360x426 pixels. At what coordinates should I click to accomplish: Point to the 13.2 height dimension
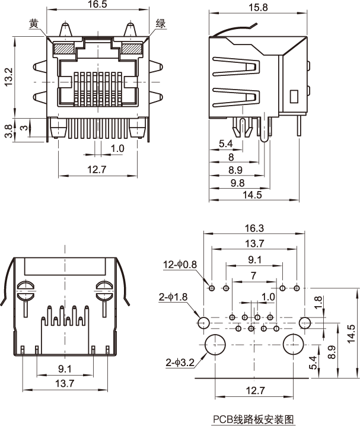[8, 76]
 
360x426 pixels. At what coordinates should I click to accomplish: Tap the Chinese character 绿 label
[160, 24]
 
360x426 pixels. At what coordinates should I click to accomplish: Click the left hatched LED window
[63, 48]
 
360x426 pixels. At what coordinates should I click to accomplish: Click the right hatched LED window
[131, 48]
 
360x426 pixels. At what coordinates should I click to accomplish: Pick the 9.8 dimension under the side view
[237, 183]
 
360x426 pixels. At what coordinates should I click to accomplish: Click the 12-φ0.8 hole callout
[181, 264]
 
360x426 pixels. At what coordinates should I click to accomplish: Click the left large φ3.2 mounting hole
[214, 345]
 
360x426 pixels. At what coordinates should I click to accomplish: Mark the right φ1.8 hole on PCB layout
[305, 323]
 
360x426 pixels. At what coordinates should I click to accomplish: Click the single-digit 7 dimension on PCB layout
[253, 275]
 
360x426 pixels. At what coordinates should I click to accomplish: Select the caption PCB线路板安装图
[253, 418]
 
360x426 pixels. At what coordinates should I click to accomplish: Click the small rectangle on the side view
[294, 96]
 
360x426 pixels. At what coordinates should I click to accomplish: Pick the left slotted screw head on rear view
[26, 288]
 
